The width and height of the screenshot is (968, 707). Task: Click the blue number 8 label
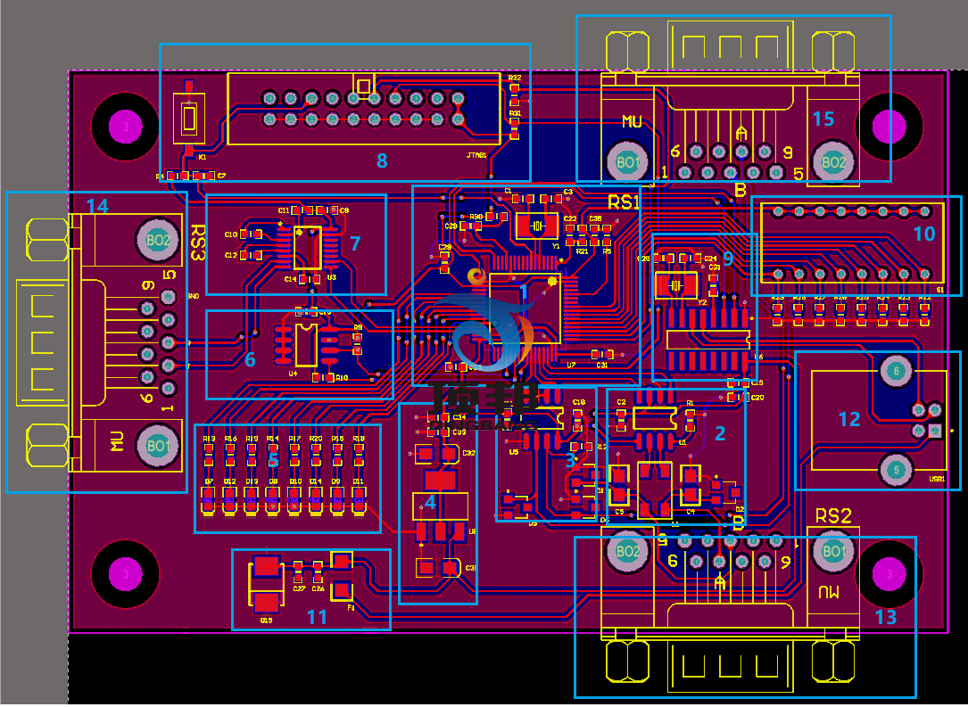pos(382,160)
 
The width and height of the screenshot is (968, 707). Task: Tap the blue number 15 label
pos(823,119)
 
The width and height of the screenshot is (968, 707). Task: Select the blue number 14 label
pos(96,207)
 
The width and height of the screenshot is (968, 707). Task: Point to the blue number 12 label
pos(848,418)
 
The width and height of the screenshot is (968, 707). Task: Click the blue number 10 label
pos(924,234)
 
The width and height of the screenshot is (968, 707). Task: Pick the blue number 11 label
pos(317,616)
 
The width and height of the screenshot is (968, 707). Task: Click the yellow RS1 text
pos(625,201)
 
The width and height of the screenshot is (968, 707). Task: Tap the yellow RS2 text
pos(833,515)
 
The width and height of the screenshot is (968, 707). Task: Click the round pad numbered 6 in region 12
pos(897,370)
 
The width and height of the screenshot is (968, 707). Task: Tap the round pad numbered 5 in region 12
pos(897,470)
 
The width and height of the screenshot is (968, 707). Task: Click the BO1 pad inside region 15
pos(627,161)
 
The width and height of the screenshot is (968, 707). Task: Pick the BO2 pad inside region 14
pos(158,239)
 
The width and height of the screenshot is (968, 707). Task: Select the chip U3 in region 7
pos(308,248)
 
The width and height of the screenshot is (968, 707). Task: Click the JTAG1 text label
pos(476,154)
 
